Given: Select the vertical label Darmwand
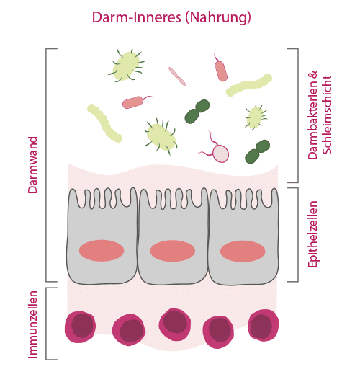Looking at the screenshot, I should click(33, 165).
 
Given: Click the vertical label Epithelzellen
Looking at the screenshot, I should click(312, 235).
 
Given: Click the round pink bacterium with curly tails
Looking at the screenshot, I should click(222, 152).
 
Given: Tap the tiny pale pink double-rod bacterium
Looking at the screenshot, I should click(177, 76).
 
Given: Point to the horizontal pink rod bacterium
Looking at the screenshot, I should click(134, 102).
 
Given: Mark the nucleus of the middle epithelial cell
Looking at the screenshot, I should click(172, 251).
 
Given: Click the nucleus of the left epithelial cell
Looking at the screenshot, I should click(102, 251).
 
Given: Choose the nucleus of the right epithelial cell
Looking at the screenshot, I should click(243, 251).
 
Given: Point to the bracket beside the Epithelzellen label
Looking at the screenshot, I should click(297, 235).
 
